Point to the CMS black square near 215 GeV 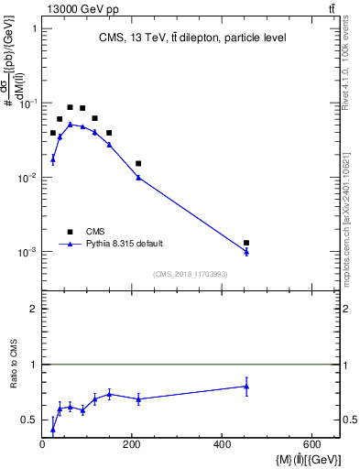138,163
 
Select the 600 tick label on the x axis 311,445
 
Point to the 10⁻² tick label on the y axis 27,178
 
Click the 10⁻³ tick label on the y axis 27,252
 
